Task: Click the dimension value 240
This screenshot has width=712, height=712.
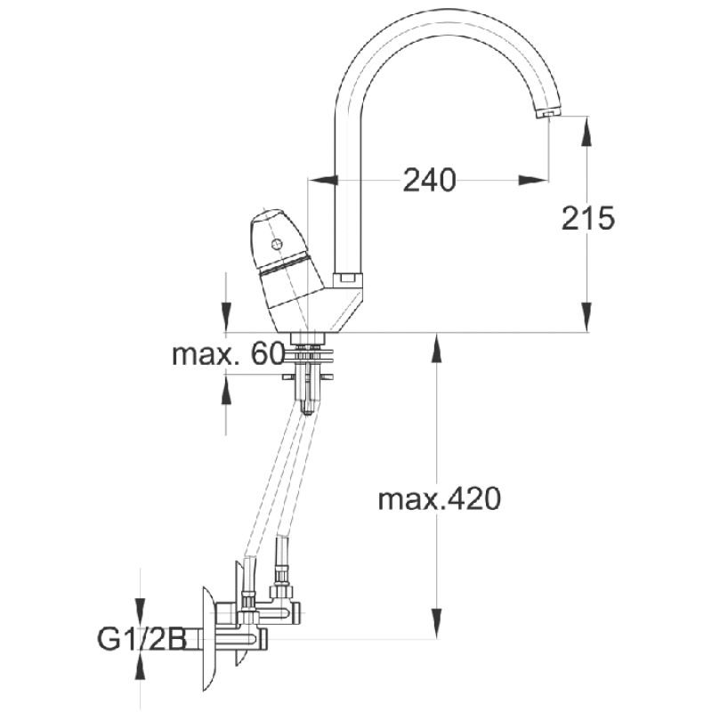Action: tap(429, 180)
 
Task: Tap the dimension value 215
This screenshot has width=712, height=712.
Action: tap(588, 217)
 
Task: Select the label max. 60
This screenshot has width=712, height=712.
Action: tap(228, 354)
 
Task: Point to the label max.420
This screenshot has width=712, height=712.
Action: tap(440, 499)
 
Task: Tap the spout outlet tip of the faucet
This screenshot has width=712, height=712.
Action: tap(548, 115)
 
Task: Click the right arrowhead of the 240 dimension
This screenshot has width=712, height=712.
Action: tap(535, 180)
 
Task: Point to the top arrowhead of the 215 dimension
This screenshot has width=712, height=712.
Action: tap(587, 129)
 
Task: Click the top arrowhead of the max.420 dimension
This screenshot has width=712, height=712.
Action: tap(437, 347)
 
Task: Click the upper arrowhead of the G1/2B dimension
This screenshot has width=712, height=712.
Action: tap(140, 609)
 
